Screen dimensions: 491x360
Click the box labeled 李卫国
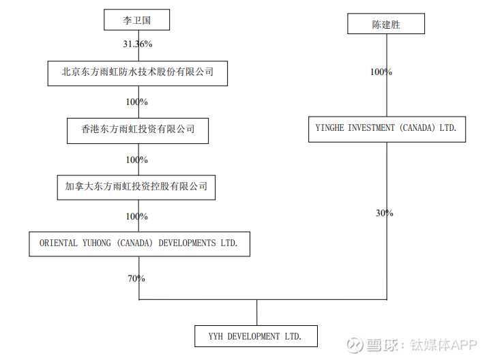click(137, 20)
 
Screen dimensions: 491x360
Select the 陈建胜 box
click(386, 23)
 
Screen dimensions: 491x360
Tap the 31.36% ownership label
click(138, 44)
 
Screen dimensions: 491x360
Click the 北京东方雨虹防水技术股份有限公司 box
click(138, 73)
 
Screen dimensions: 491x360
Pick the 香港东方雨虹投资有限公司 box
click(138, 131)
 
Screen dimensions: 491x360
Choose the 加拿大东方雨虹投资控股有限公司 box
click(136, 187)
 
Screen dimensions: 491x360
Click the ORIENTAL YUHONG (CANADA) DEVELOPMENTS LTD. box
click(139, 244)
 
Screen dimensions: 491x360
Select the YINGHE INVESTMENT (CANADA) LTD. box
click(387, 130)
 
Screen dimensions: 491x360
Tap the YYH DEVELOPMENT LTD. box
click(256, 336)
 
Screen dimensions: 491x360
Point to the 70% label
click(136, 278)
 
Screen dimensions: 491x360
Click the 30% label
click(384, 213)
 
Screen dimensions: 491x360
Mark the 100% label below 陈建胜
click(381, 72)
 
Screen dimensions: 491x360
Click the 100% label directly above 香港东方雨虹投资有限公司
click(137, 102)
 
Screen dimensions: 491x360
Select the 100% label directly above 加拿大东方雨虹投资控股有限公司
click(137, 160)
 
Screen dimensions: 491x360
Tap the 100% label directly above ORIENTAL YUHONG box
click(137, 216)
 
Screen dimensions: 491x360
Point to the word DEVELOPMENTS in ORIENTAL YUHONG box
click(187, 243)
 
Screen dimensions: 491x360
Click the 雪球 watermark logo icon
click(355, 345)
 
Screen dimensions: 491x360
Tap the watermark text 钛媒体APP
click(443, 345)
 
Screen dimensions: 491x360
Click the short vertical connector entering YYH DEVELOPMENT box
click(257, 312)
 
